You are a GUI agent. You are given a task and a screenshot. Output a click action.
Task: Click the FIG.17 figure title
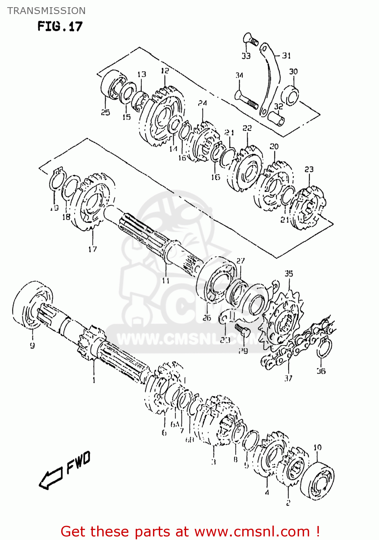click(60, 26)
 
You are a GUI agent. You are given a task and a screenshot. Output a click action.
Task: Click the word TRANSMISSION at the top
click(46, 11)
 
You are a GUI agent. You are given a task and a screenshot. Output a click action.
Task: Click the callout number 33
click(246, 56)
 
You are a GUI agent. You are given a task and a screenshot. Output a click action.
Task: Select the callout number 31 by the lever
click(286, 55)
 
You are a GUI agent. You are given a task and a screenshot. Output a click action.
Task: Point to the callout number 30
click(293, 71)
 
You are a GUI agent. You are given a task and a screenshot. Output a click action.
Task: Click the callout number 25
click(105, 112)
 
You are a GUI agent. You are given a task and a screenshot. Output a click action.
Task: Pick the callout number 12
click(165, 71)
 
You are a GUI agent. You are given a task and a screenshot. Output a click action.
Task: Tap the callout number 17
click(93, 249)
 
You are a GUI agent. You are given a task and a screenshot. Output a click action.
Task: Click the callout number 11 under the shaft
click(166, 280)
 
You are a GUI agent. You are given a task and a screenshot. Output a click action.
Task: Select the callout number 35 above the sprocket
click(289, 273)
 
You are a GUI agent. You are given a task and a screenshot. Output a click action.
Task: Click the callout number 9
click(32, 346)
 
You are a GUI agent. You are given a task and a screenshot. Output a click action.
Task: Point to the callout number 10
click(317, 447)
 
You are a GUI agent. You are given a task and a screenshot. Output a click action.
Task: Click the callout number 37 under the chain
click(288, 378)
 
